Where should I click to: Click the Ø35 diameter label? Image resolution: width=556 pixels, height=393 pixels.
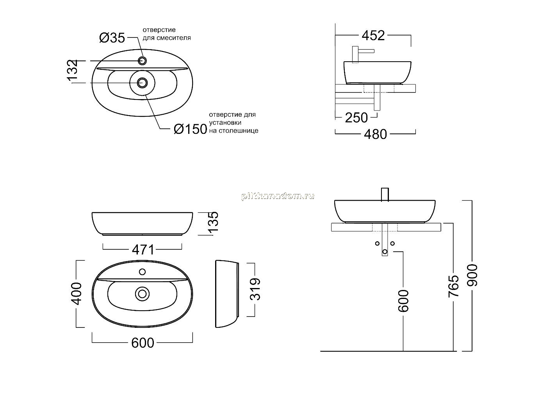point(112,38)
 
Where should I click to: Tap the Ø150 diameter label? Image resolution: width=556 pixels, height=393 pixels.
point(191,129)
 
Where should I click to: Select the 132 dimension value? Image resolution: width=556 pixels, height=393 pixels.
point(73,70)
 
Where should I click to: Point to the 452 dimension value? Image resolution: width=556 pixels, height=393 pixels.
point(373,36)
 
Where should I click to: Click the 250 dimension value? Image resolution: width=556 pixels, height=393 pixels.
point(356,117)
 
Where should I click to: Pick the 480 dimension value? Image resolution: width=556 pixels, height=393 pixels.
point(375,134)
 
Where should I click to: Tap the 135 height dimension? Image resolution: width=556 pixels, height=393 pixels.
point(214,222)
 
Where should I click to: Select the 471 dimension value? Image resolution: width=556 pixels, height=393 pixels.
point(143,250)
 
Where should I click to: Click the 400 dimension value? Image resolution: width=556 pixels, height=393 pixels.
point(77,293)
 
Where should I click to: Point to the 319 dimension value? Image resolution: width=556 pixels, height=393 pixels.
point(255,289)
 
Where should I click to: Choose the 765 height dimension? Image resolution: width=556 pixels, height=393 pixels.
point(453,286)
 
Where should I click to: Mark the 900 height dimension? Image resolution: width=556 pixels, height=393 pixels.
point(472,276)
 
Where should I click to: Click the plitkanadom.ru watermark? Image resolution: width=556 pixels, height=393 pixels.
point(278,196)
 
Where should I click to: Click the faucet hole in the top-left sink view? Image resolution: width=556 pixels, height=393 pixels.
point(143,61)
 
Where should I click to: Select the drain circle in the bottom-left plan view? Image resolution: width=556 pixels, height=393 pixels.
point(142,294)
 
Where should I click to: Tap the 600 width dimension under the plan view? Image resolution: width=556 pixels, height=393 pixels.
point(143,343)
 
